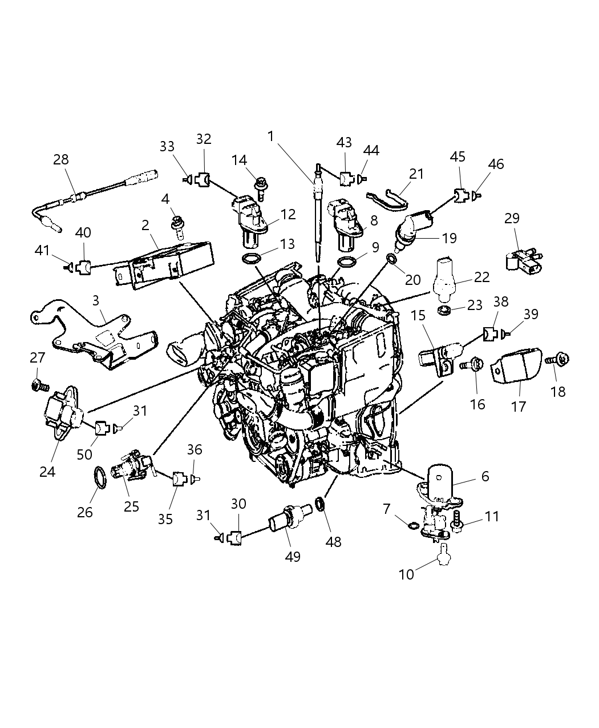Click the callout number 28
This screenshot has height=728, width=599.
[61, 159]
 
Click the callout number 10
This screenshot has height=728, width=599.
[406, 574]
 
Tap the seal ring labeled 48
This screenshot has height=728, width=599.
[321, 504]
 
